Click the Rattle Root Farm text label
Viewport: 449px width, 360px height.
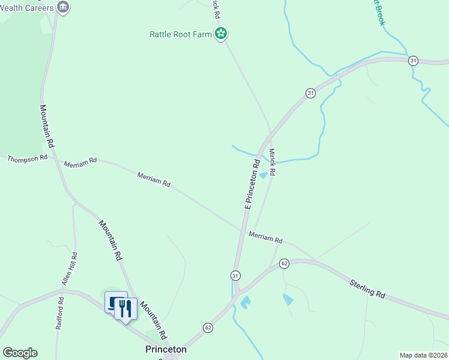pos(180,34)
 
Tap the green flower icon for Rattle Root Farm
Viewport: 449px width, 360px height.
pos(221,34)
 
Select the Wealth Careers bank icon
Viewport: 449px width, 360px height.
pos(63,7)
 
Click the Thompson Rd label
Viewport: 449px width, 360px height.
pos(27,158)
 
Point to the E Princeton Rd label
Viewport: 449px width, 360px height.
pos(252,184)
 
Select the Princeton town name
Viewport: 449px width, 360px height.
pos(166,349)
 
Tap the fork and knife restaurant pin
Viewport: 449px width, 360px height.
pos(125,309)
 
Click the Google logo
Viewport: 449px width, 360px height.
pos(20,353)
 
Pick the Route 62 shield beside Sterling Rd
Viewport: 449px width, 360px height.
pos(285,263)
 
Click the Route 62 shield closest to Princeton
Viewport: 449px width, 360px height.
pos(208,328)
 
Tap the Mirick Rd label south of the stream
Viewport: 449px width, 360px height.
pos(271,162)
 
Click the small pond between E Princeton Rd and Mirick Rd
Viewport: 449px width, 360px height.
pos(262,175)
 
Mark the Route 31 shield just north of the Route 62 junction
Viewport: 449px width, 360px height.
pos(235,275)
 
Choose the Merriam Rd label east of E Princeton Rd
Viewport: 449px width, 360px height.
pos(265,238)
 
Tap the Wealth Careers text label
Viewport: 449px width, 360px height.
pos(27,7)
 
